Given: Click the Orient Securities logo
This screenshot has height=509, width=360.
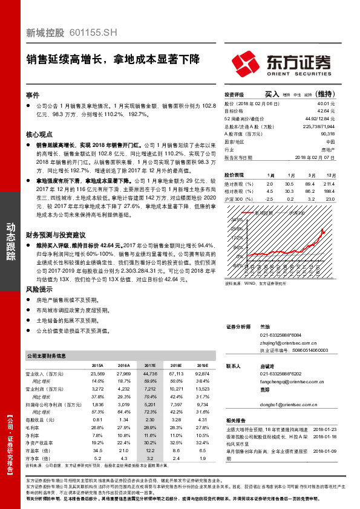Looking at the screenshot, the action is point(282,63).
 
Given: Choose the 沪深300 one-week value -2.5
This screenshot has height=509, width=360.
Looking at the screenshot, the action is point(270,198).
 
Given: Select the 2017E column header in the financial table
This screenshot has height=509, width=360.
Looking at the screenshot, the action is point(149,366).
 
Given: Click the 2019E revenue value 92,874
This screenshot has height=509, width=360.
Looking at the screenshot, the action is point(202,375).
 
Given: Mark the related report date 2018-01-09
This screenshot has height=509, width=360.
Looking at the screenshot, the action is point(326,450).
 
